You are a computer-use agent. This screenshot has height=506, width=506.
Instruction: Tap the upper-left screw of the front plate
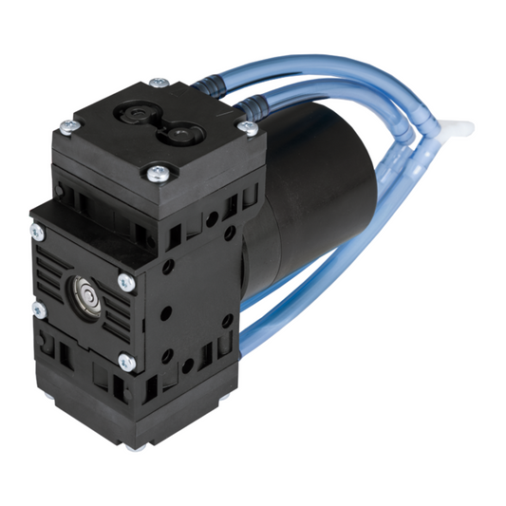pyautogui.click(x=37, y=231)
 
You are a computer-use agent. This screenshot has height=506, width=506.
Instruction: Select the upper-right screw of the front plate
pyautogui.click(x=123, y=281)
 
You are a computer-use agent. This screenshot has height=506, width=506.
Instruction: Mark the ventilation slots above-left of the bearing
pyautogui.click(x=52, y=261)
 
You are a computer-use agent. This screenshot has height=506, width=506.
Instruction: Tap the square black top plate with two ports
pyautogui.click(x=157, y=128)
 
